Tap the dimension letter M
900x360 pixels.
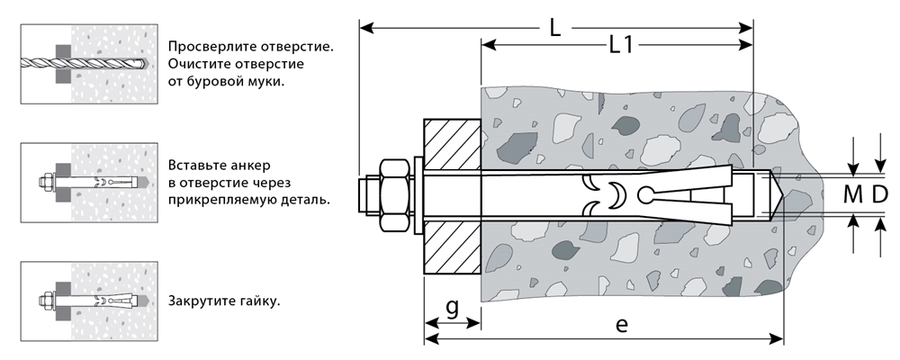pyautogui.click(x=852, y=193)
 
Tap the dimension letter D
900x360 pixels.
pyautogui.click(x=880, y=193)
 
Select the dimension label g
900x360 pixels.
pyautogui.click(x=452, y=307)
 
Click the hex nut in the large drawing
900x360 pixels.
pyautogui.click(x=394, y=195)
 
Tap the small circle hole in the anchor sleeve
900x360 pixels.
pyautogui.click(x=645, y=194)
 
